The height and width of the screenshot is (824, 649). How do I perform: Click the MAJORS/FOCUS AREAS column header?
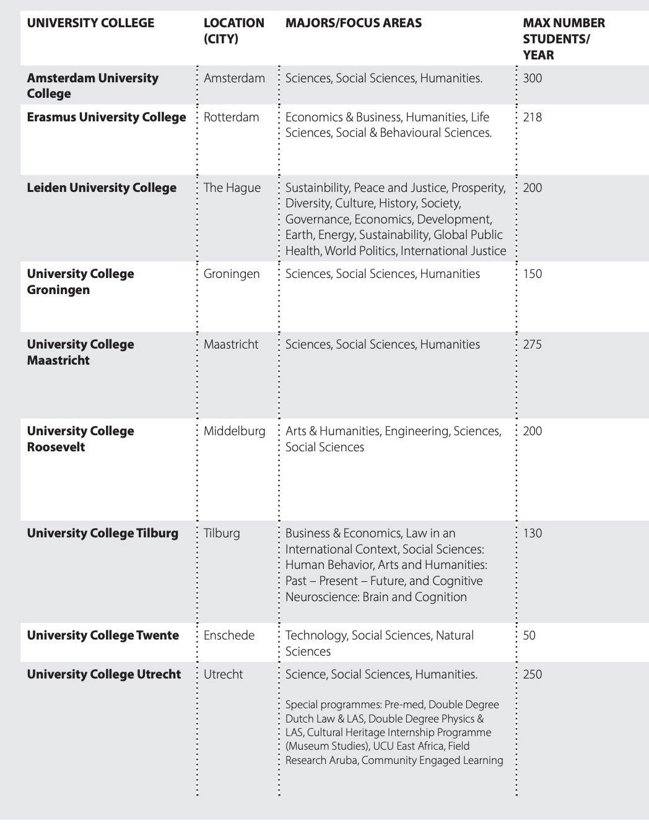click(353, 24)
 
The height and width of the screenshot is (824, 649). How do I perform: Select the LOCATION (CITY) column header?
click(233, 31)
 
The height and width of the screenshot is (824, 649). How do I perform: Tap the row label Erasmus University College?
click(107, 118)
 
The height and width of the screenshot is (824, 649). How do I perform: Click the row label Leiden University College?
click(102, 188)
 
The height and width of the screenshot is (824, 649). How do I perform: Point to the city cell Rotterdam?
click(231, 118)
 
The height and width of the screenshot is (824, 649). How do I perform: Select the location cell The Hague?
click(232, 188)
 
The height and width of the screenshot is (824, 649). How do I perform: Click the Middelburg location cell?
click(234, 432)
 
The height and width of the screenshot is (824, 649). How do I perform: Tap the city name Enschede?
click(229, 636)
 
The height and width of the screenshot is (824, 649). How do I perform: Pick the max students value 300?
click(532, 79)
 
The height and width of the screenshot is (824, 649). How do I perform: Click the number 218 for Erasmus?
click(532, 118)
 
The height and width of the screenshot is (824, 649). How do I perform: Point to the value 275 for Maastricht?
click(532, 345)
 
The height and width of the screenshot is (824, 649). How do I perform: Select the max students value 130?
click(532, 534)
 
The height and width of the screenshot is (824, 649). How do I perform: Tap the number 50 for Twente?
click(529, 636)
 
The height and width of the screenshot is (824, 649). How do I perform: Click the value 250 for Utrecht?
click(532, 675)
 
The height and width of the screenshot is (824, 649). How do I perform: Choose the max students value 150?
click(532, 274)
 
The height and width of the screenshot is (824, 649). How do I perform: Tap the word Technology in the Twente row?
click(316, 636)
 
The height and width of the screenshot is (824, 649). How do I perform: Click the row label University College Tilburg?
click(102, 534)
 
